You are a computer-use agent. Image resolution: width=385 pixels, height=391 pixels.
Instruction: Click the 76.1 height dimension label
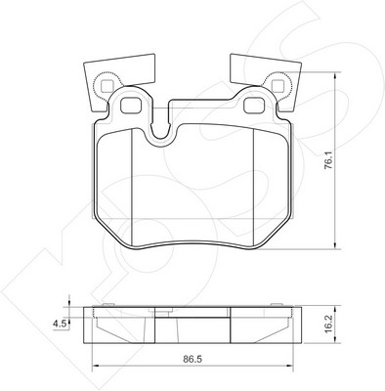[329, 159]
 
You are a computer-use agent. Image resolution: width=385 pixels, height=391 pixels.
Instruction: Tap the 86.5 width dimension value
[192, 359]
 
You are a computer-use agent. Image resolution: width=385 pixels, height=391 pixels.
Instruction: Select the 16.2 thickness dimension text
[329, 324]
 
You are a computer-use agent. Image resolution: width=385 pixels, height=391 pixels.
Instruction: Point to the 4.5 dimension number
[60, 324]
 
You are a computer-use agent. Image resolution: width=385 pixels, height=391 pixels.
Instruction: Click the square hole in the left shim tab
[107, 86]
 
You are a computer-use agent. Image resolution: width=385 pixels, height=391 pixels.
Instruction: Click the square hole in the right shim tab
[278, 86]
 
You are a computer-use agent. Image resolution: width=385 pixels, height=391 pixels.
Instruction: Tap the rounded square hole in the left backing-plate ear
[132, 105]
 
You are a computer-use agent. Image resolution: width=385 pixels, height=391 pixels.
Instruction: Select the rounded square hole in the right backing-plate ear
[255, 106]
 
